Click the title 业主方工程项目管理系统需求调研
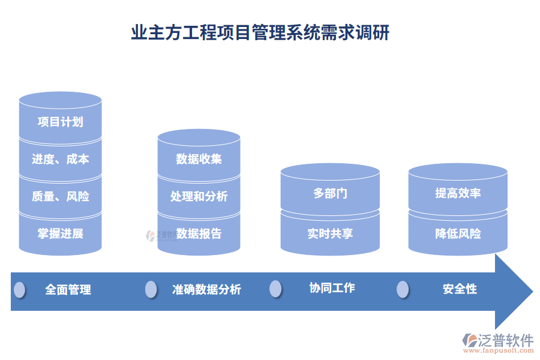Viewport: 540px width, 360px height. [260, 32]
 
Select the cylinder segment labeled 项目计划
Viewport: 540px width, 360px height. [60, 122]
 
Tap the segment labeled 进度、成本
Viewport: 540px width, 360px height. [60, 159]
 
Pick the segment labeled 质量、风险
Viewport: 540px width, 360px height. [60, 196]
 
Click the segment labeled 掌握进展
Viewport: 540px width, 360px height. [60, 233]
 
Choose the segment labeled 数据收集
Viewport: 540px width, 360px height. [199, 159]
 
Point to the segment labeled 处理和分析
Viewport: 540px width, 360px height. [199, 196]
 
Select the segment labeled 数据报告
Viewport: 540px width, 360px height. [199, 233]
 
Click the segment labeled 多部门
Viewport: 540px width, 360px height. [330, 194]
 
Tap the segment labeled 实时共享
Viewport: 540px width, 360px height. [330, 233]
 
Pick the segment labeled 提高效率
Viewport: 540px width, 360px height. [458, 194]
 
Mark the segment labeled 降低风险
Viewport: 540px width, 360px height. [458, 233]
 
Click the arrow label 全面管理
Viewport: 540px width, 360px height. [68, 290]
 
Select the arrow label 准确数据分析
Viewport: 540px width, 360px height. [206, 290]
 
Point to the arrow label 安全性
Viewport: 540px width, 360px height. [460, 289]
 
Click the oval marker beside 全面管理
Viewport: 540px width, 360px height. [20, 290]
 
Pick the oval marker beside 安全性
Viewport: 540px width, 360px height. [403, 289]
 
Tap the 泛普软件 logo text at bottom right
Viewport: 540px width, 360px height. [505, 341]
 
